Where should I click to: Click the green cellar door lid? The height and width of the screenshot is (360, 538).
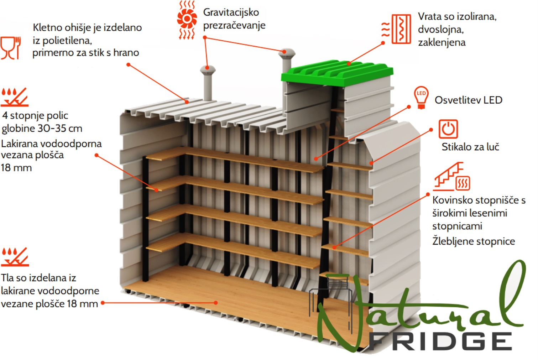337,73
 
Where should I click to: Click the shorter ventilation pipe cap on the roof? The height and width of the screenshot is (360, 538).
208,70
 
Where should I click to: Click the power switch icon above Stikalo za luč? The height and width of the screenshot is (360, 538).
448,129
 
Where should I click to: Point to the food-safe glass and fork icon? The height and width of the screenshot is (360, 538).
11,48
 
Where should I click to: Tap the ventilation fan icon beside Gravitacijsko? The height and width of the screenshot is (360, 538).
187,20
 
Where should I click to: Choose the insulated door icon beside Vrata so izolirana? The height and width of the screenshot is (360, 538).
397,29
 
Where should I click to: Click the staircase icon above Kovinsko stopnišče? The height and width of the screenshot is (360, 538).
451,177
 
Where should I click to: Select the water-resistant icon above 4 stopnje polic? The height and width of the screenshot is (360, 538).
15,97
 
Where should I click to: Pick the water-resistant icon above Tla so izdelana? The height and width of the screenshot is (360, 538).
15,257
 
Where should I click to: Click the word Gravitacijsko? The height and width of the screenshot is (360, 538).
231,12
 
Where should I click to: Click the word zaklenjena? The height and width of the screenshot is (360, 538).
442,42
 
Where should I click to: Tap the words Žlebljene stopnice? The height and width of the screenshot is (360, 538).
474,241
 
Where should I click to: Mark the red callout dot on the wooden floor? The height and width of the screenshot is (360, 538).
216,303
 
